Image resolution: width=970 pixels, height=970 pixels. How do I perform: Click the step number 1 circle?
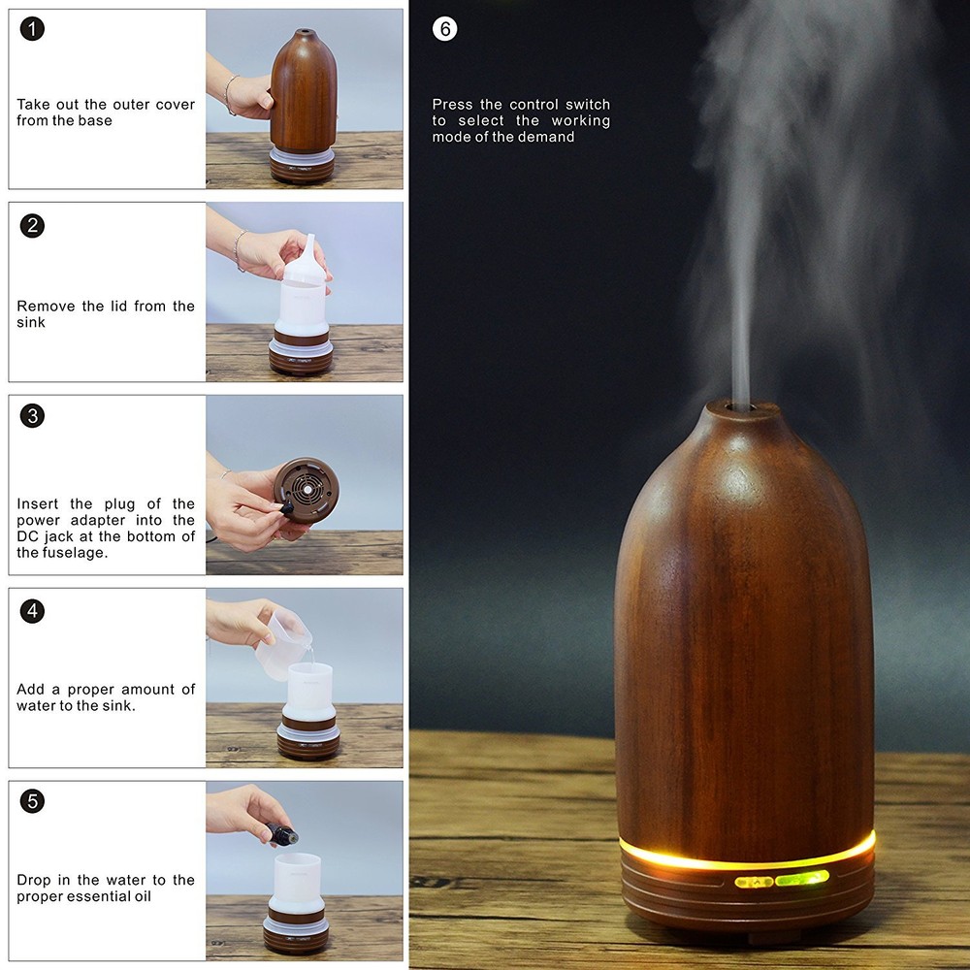click(32, 29)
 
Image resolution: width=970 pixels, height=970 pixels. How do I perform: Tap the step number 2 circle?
click(32, 226)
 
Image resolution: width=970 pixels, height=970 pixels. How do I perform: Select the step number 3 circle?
click(32, 416)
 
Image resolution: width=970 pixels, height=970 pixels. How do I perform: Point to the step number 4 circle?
click(32, 611)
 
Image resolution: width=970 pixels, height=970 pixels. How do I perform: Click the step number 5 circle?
click(32, 801)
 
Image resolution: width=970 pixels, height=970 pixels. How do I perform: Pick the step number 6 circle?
click(444, 29)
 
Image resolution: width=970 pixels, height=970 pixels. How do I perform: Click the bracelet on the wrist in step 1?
click(230, 94)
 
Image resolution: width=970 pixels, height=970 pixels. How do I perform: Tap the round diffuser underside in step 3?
click(307, 490)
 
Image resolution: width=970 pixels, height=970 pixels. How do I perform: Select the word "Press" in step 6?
click(453, 105)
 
